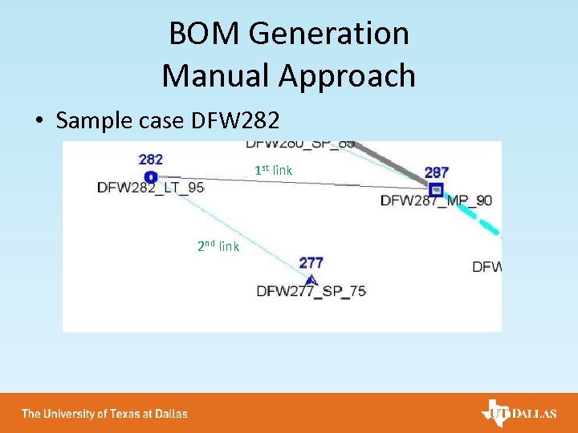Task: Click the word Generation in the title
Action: (x=329, y=34)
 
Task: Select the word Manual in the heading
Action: (x=216, y=76)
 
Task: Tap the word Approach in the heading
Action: (x=347, y=77)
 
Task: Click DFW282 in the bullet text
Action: (x=235, y=121)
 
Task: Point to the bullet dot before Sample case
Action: (x=39, y=122)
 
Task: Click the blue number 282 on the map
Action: (x=150, y=160)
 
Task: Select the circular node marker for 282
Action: (x=150, y=176)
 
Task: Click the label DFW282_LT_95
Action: (x=150, y=188)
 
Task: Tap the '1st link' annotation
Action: (x=273, y=170)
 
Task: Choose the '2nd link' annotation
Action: (x=218, y=246)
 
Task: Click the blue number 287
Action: (x=436, y=172)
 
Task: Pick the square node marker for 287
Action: (x=436, y=190)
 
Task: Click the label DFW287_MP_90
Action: (x=436, y=200)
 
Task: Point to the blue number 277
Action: (x=311, y=262)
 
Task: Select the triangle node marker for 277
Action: (x=311, y=279)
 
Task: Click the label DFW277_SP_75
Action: (x=311, y=291)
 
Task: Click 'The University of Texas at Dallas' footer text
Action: (x=104, y=414)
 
